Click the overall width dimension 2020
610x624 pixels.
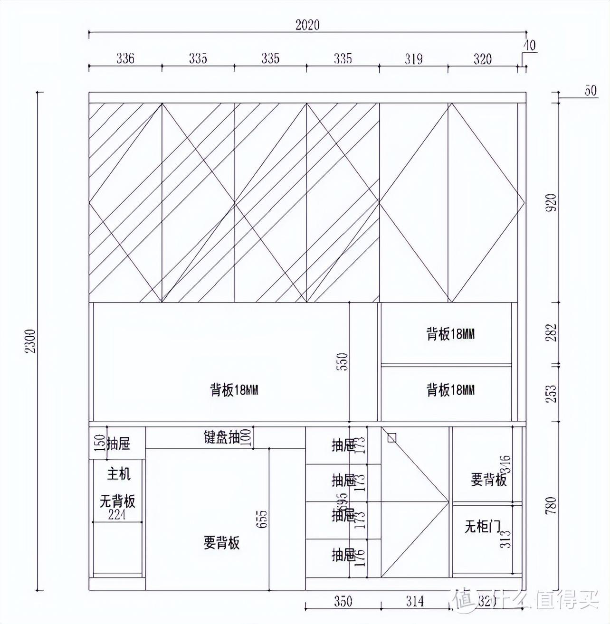click(307, 25)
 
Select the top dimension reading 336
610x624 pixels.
click(125, 58)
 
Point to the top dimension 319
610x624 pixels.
click(413, 58)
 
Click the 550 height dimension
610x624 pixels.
click(344, 361)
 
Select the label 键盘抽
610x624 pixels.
click(221, 437)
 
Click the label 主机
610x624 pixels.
click(118, 473)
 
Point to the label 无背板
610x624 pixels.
click(117, 501)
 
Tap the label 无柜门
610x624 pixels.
click(482, 526)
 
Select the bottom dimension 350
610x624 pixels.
click(343, 602)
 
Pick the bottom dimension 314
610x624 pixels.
click(414, 602)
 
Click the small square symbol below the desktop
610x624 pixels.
click(391, 437)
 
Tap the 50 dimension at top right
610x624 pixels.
click(590, 91)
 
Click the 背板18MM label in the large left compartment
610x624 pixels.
click(234, 390)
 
